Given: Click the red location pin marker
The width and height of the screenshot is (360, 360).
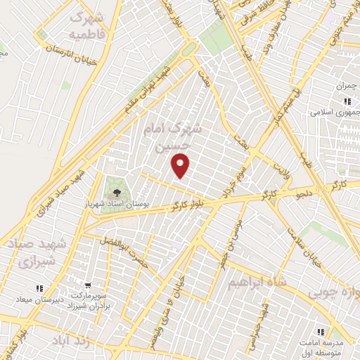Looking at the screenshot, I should click(181, 165).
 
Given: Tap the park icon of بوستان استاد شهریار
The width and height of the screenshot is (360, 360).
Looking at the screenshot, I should click(115, 188).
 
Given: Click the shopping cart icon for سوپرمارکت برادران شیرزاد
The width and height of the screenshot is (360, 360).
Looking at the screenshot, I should click(87, 286).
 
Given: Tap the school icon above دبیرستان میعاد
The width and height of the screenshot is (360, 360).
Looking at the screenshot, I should click(39, 288).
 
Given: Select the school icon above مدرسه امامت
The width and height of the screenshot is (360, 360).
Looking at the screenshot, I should click(321, 331).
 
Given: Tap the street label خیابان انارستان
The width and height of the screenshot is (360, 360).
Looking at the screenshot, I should click(70, 48).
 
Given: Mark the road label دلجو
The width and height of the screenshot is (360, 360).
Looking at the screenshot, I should click(304, 193).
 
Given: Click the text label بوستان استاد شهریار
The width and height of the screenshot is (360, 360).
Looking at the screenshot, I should click(134, 203).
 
